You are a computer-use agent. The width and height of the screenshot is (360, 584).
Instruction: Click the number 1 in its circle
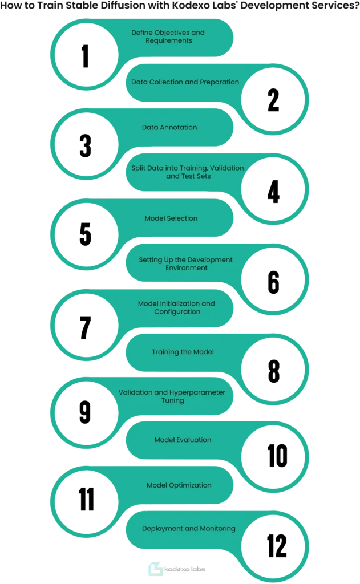point(86,56)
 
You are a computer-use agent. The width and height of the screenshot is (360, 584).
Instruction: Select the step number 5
point(86,234)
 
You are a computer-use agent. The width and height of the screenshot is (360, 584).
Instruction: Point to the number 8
point(274,371)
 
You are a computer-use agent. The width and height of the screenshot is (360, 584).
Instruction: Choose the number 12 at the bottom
point(277,546)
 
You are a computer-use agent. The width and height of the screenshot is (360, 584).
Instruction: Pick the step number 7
point(86,327)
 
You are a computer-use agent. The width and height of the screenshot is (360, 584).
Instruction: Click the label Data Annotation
point(169,127)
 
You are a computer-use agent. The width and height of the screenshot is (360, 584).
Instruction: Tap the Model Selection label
point(171,218)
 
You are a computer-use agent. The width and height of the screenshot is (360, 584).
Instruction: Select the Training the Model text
point(183,352)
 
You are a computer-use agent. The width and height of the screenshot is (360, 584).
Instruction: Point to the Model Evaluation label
point(183,440)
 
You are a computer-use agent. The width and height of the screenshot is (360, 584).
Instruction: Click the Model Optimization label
point(179,485)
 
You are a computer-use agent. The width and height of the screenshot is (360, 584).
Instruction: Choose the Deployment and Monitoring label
point(189,529)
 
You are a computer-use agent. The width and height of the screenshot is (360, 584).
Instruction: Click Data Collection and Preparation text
point(185,82)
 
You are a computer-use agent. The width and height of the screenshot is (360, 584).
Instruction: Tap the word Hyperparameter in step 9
point(197,392)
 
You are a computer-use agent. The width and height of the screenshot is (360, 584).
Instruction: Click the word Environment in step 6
point(187,268)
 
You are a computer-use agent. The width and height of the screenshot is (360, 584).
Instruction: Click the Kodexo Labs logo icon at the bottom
point(155,569)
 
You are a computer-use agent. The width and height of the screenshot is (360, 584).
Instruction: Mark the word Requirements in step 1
point(169,41)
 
